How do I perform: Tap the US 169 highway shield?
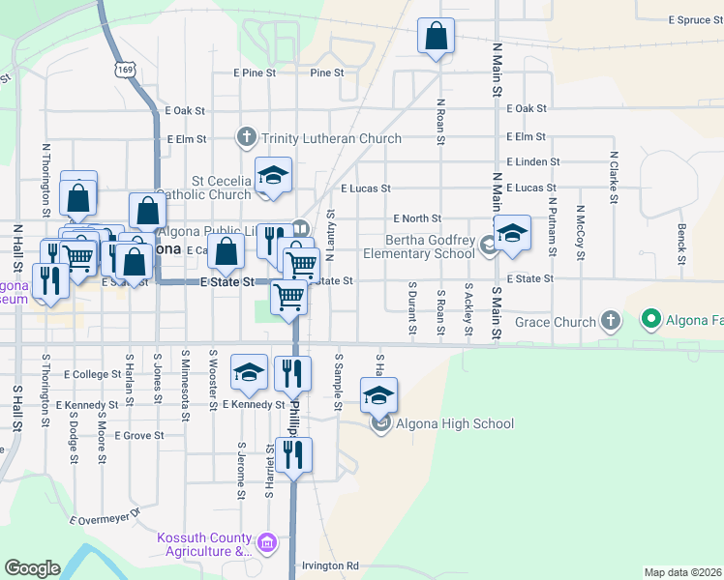[124, 70]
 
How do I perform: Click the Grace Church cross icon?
[610, 319]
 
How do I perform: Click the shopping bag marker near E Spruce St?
[436, 37]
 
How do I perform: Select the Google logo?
[32, 568]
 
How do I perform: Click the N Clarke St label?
[614, 177]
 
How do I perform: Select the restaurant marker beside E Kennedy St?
[293, 372]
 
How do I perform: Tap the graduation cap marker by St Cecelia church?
[274, 175]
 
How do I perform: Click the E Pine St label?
[255, 72]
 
